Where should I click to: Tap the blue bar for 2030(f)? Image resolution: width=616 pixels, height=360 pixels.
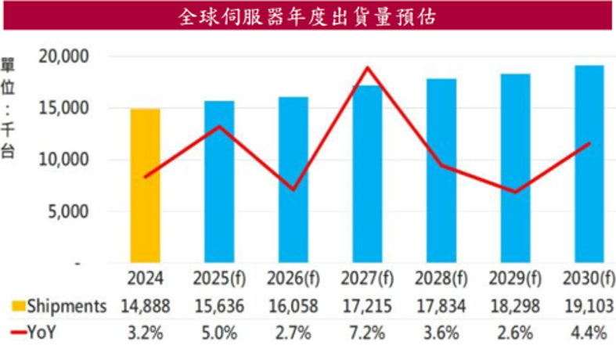click(x=589, y=164)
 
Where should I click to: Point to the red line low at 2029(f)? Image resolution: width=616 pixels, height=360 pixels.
click(x=515, y=192)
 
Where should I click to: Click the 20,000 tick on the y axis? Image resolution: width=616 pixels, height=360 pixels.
click(x=64, y=56)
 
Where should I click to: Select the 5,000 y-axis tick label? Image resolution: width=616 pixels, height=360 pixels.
click(x=68, y=211)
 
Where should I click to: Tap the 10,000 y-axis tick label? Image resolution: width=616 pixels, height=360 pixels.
click(x=64, y=160)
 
